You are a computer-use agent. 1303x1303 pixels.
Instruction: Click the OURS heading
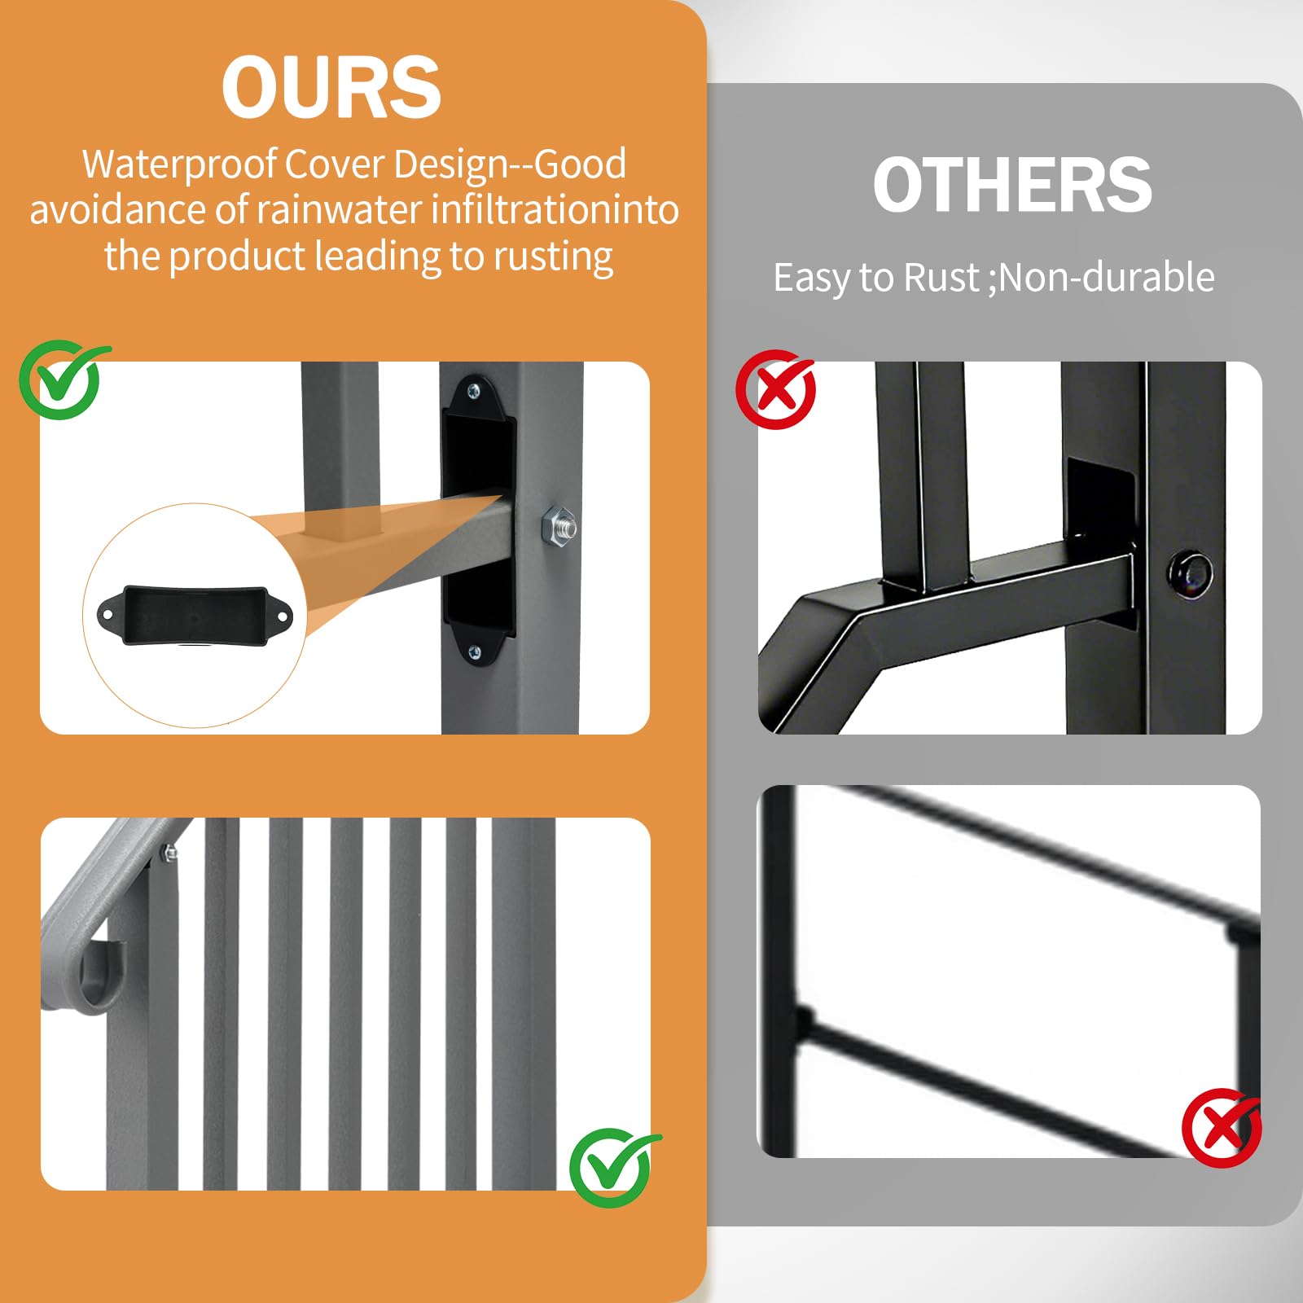pyautogui.click(x=331, y=87)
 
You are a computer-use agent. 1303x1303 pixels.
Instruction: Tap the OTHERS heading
pyautogui.click(x=1012, y=185)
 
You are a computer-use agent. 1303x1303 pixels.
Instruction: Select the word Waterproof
pyautogui.click(x=180, y=165)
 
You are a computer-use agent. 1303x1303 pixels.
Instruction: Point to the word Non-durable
pyautogui.click(x=1107, y=277)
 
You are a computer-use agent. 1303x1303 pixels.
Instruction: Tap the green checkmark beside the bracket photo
pyautogui.click(x=62, y=379)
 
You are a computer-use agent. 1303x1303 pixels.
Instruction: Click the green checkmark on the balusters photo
pyautogui.click(x=612, y=1167)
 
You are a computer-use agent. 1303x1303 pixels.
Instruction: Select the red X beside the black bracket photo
pyautogui.click(x=776, y=390)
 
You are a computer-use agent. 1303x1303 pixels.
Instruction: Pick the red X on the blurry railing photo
pyautogui.click(x=1222, y=1128)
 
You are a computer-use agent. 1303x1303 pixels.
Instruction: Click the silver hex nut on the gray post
pyautogui.click(x=559, y=525)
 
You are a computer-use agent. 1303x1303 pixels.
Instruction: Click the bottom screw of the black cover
pyautogui.click(x=476, y=651)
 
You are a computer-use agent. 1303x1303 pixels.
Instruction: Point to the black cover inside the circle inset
pyautogui.click(x=195, y=615)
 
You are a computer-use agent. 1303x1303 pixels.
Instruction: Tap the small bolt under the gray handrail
pyautogui.click(x=170, y=853)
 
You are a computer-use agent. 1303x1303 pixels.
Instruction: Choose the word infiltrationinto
pyautogui.click(x=555, y=209)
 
